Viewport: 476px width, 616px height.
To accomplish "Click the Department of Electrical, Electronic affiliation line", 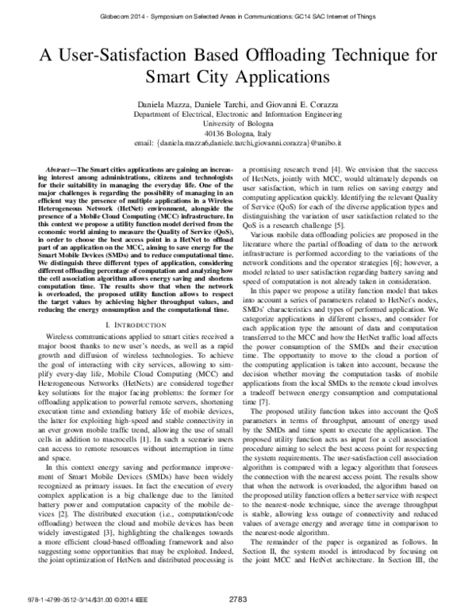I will pyautogui.click(x=237, y=114).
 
